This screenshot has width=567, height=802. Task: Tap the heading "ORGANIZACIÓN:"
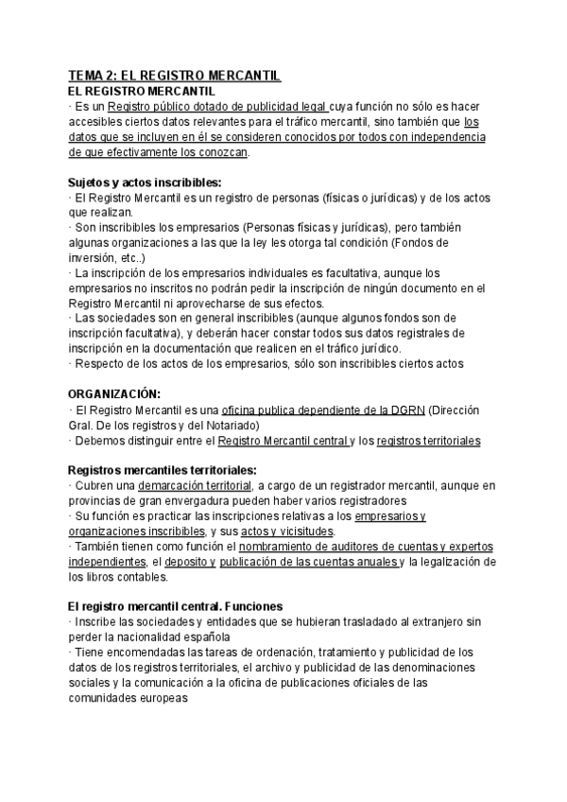114,392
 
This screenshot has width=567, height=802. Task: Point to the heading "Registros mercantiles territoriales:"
163,470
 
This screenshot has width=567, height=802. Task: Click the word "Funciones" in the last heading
254,605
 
